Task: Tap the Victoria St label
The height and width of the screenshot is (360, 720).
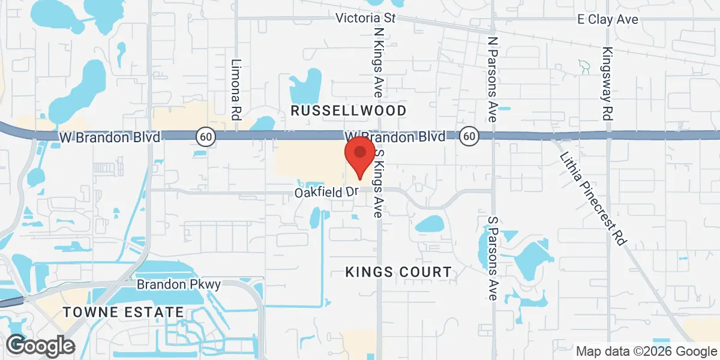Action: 365,17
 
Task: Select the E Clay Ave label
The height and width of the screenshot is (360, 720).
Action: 607,19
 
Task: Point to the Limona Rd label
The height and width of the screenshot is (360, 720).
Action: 236,88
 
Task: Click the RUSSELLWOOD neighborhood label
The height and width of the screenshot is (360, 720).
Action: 349,110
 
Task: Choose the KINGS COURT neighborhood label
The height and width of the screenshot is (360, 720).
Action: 398,272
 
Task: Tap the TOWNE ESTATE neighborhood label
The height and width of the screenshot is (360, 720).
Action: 124,312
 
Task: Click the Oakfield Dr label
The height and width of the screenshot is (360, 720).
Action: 326,193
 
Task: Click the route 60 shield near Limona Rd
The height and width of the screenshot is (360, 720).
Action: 206,137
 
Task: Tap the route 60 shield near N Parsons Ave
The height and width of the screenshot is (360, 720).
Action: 469,137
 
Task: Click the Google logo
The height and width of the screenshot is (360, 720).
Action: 41,345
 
